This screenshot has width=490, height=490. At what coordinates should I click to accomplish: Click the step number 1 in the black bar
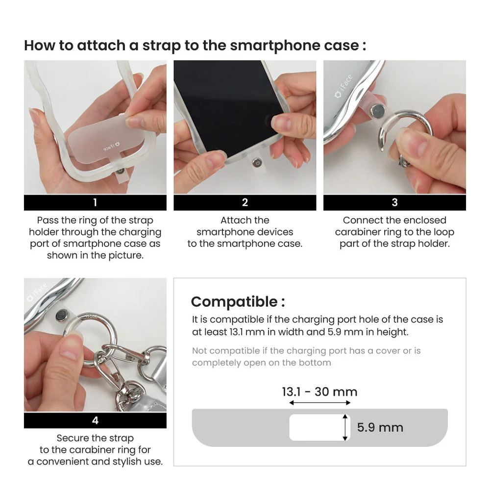pyautogui.click(x=95, y=202)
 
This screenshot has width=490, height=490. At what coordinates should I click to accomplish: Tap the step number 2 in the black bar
pyautogui.click(x=245, y=202)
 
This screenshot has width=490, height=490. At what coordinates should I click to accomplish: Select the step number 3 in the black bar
pyautogui.click(x=394, y=202)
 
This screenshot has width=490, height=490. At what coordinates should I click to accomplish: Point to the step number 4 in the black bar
pyautogui.click(x=96, y=420)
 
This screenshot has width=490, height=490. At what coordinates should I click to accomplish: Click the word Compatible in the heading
pyautogui.click(x=234, y=302)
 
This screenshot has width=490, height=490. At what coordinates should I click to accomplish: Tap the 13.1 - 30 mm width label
pyautogui.click(x=319, y=392)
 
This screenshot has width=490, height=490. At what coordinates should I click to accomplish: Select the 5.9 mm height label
pyautogui.click(x=380, y=427)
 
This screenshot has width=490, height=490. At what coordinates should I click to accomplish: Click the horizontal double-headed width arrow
pyautogui.click(x=319, y=403)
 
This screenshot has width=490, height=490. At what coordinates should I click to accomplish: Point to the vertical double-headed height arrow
pyautogui.click(x=345, y=427)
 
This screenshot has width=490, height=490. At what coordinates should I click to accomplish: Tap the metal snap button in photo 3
pyautogui.click(x=377, y=111)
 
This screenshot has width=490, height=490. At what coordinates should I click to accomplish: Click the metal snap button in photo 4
pyautogui.click(x=63, y=315)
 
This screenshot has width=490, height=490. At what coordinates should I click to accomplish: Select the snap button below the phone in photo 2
pyautogui.click(x=257, y=163)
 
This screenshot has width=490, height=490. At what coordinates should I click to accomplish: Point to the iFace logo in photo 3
pyautogui.click(x=343, y=86)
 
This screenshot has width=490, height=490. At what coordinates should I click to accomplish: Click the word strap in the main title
pyautogui.click(x=162, y=46)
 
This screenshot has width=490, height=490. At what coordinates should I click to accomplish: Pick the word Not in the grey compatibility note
pyautogui.click(x=200, y=351)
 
